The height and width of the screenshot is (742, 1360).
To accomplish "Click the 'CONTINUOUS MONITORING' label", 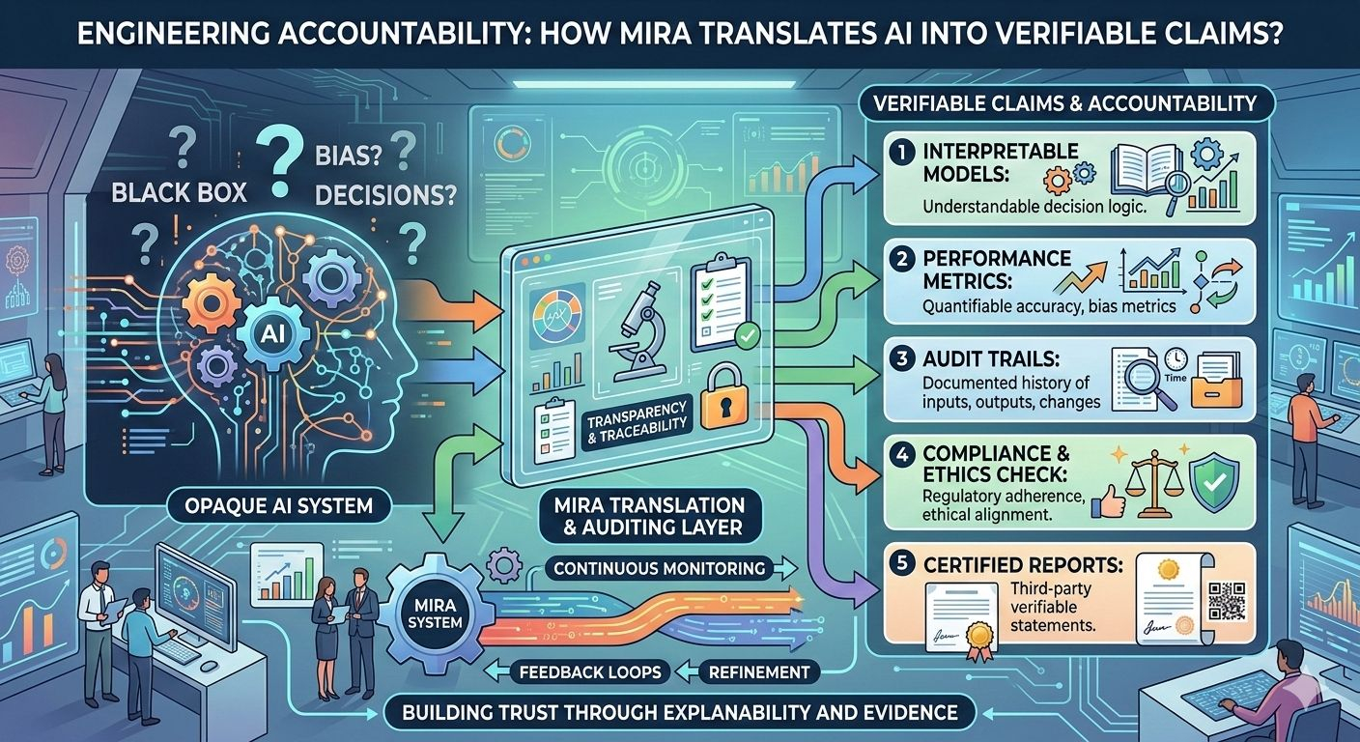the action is click(x=660, y=568).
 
